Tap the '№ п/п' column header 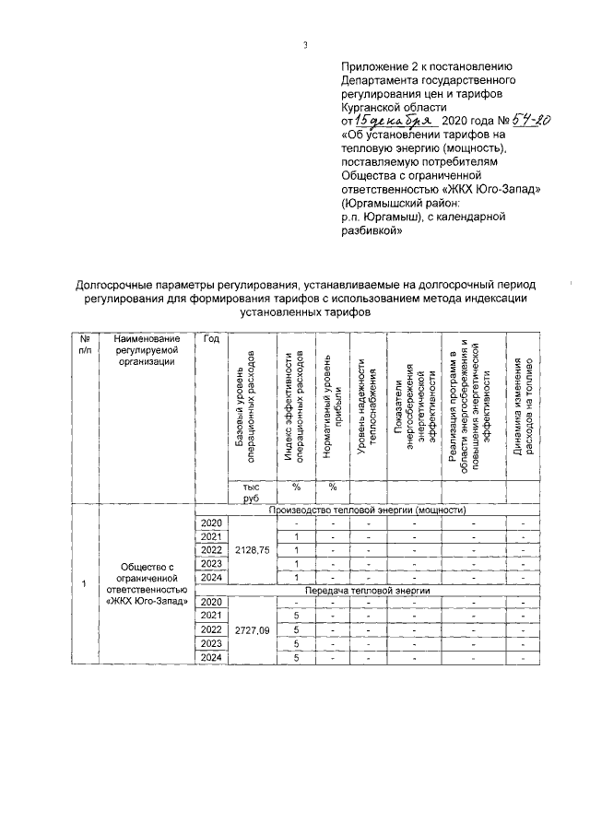[x=85, y=345]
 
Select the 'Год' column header [x=210, y=339]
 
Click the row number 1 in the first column [x=84, y=584]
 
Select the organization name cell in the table [x=146, y=583]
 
